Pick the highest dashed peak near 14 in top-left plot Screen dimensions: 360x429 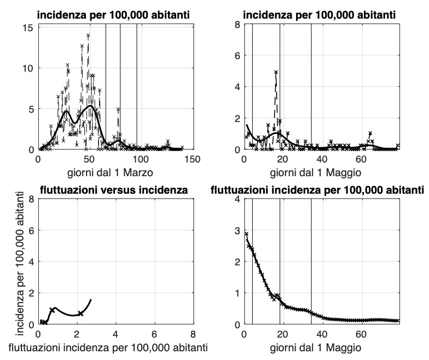(x=88, y=35)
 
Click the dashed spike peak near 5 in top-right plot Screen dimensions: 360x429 (x=276, y=72)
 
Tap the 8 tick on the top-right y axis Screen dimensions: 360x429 (x=237, y=25)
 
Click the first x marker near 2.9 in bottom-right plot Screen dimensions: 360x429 (x=246, y=234)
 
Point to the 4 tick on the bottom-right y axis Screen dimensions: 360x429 (x=237, y=200)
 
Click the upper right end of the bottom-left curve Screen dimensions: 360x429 (x=91, y=299)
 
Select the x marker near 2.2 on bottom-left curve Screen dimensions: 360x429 (x=80, y=313)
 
